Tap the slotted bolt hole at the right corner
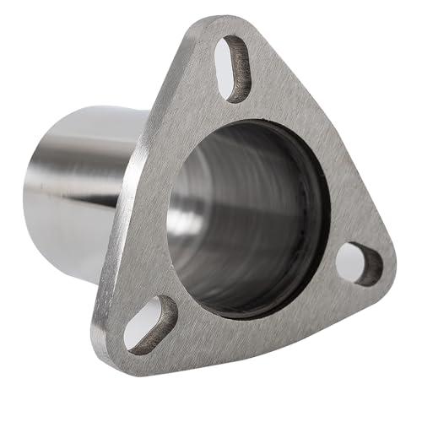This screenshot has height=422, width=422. [x=358, y=263]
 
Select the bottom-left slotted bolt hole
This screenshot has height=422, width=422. [x=149, y=323]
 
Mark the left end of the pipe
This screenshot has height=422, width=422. [x=30, y=194]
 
